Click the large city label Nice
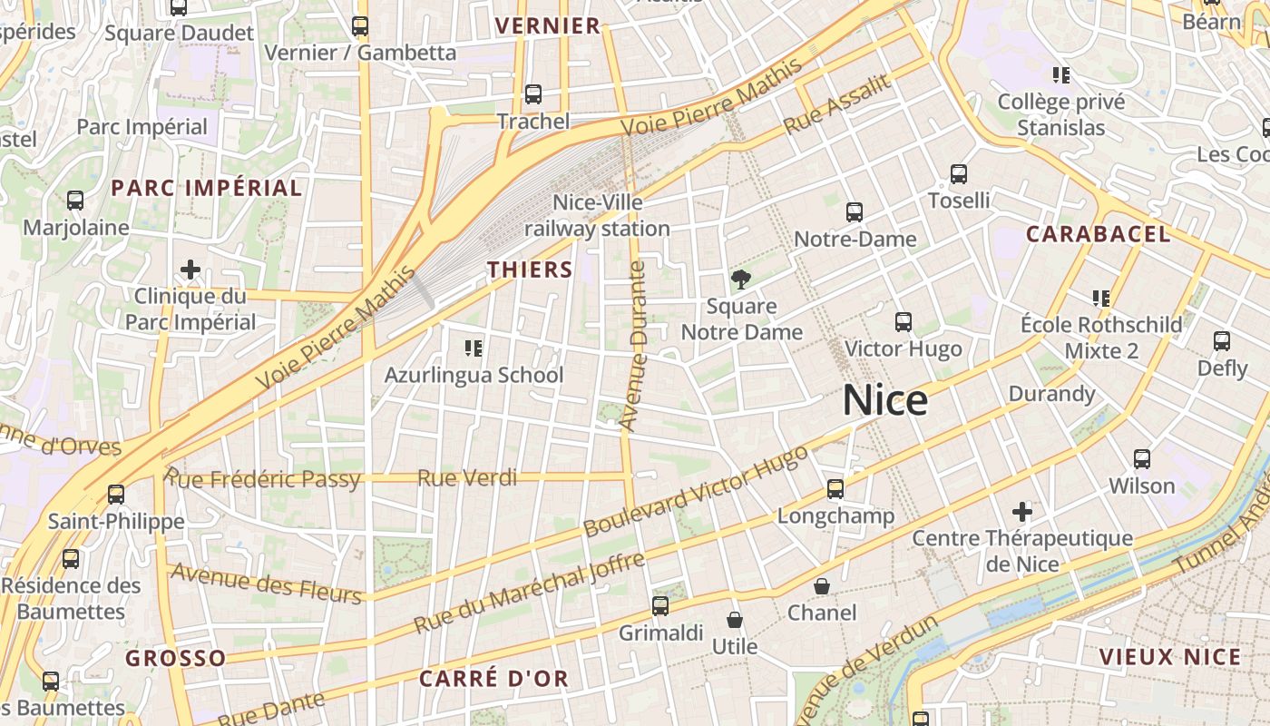(x=885, y=400)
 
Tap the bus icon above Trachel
(x=533, y=93)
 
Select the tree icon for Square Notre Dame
(x=742, y=279)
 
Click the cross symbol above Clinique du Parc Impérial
(x=190, y=270)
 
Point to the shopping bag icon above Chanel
(x=822, y=586)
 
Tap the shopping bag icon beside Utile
(x=735, y=620)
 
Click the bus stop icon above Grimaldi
(x=660, y=605)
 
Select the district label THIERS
(x=531, y=270)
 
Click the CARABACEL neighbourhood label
(x=1098, y=234)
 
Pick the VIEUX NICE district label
(x=1169, y=657)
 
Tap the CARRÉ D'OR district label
(x=494, y=678)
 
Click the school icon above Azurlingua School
(x=474, y=348)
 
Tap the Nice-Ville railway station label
(x=597, y=215)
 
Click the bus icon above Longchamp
(x=835, y=489)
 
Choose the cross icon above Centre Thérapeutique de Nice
(x=1022, y=512)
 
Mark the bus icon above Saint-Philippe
(x=116, y=495)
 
